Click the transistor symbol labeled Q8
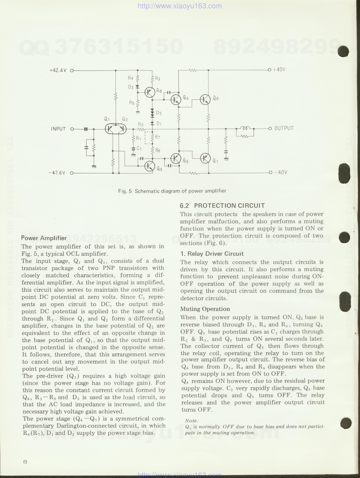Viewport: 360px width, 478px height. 150,92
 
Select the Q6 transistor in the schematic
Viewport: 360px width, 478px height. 205,99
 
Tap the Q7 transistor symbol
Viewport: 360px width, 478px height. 205,158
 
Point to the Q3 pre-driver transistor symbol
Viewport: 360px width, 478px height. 149,166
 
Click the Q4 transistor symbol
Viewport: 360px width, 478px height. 176,99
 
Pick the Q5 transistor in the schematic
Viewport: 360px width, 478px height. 176,158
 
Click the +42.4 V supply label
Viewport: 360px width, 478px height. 58,70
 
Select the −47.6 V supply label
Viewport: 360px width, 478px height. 57,173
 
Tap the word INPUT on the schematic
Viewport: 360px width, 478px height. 58,129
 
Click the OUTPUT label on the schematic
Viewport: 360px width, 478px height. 284,128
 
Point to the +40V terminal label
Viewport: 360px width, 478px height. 279,70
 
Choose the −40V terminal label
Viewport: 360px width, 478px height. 281,172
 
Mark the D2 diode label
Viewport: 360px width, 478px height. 159,113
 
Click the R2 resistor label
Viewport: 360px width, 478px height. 141,124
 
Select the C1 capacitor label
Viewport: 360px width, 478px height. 139,149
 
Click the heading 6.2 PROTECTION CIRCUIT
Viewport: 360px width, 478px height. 222,206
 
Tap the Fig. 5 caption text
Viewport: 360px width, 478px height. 172,191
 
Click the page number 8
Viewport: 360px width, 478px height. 25,462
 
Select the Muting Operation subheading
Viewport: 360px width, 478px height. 205,309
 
